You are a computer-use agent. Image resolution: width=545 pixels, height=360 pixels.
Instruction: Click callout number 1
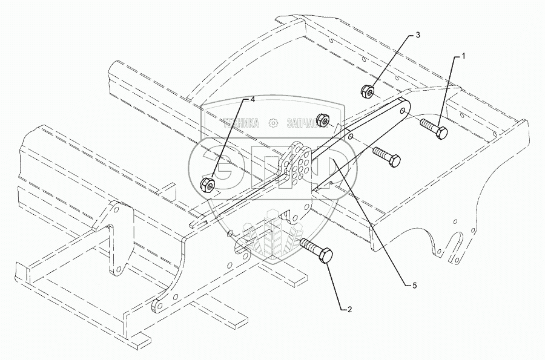pyautogui.click(x=463, y=56)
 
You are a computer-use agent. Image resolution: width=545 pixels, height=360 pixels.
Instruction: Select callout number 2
pyautogui.click(x=349, y=310)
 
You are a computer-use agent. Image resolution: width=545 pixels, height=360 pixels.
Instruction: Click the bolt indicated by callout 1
pyautogui.click(x=432, y=129)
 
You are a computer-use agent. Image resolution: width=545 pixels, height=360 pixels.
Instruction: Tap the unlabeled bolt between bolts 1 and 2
pyautogui.click(x=386, y=157)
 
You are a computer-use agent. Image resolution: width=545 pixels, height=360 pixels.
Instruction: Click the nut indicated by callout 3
pyautogui.click(x=367, y=92)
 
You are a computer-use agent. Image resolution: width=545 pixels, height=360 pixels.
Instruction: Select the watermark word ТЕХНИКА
pyautogui.click(x=238, y=123)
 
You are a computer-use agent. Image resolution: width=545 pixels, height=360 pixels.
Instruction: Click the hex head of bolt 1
pyautogui.click(x=440, y=133)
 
